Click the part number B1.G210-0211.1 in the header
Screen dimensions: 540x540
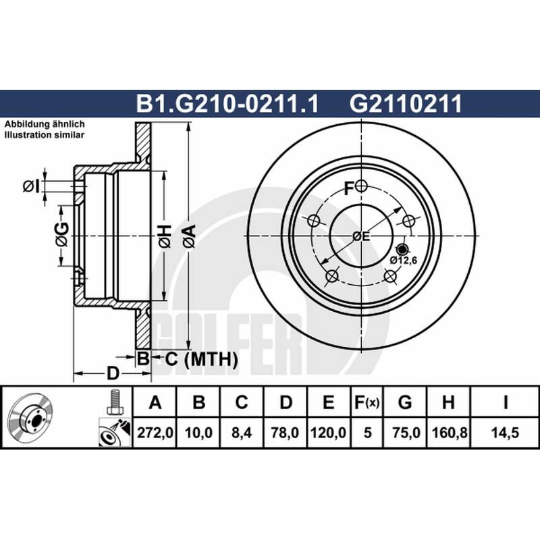227,103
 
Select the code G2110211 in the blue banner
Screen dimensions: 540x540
406,103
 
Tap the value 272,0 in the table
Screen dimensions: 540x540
155,433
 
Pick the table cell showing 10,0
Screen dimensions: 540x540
198,433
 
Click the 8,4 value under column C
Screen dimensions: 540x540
242,433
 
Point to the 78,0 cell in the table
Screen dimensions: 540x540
285,433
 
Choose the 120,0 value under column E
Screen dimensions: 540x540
328,433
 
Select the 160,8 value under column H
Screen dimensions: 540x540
449,433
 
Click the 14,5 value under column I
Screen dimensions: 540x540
505,433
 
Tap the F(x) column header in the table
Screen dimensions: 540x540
367,402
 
